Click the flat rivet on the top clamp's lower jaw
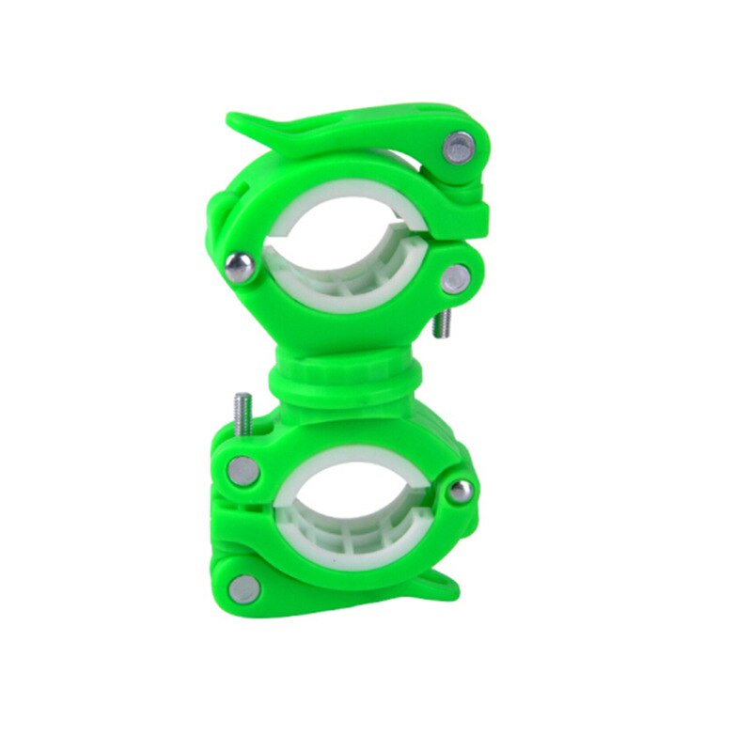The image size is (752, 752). (x=456, y=275)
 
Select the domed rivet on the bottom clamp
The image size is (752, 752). (x=459, y=490)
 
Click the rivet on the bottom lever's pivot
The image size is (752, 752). (x=244, y=587)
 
